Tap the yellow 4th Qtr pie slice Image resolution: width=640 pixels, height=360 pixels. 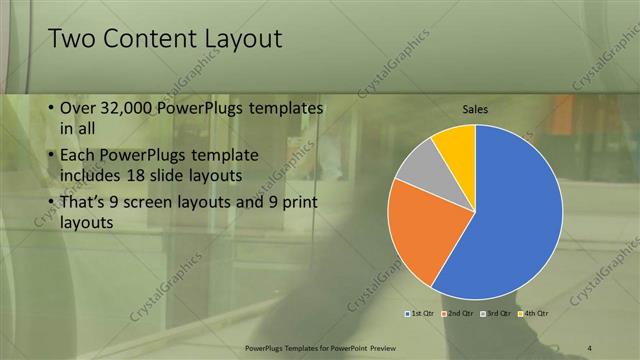(456, 143)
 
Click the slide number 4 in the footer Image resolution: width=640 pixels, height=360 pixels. (590, 347)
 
